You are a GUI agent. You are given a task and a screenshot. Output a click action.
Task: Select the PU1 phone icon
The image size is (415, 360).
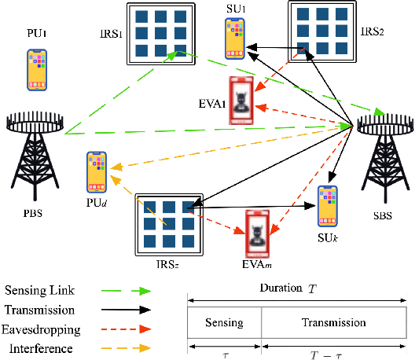(x=37, y=69)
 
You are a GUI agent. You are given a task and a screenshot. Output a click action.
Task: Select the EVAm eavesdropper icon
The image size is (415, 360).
(x=258, y=233)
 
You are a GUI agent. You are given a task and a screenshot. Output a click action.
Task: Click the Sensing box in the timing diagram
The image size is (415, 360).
(x=224, y=322)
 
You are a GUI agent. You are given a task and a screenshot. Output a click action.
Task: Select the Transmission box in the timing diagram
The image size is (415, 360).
(x=333, y=322)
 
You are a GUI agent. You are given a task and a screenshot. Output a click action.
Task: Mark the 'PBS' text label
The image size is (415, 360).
(x=33, y=211)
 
